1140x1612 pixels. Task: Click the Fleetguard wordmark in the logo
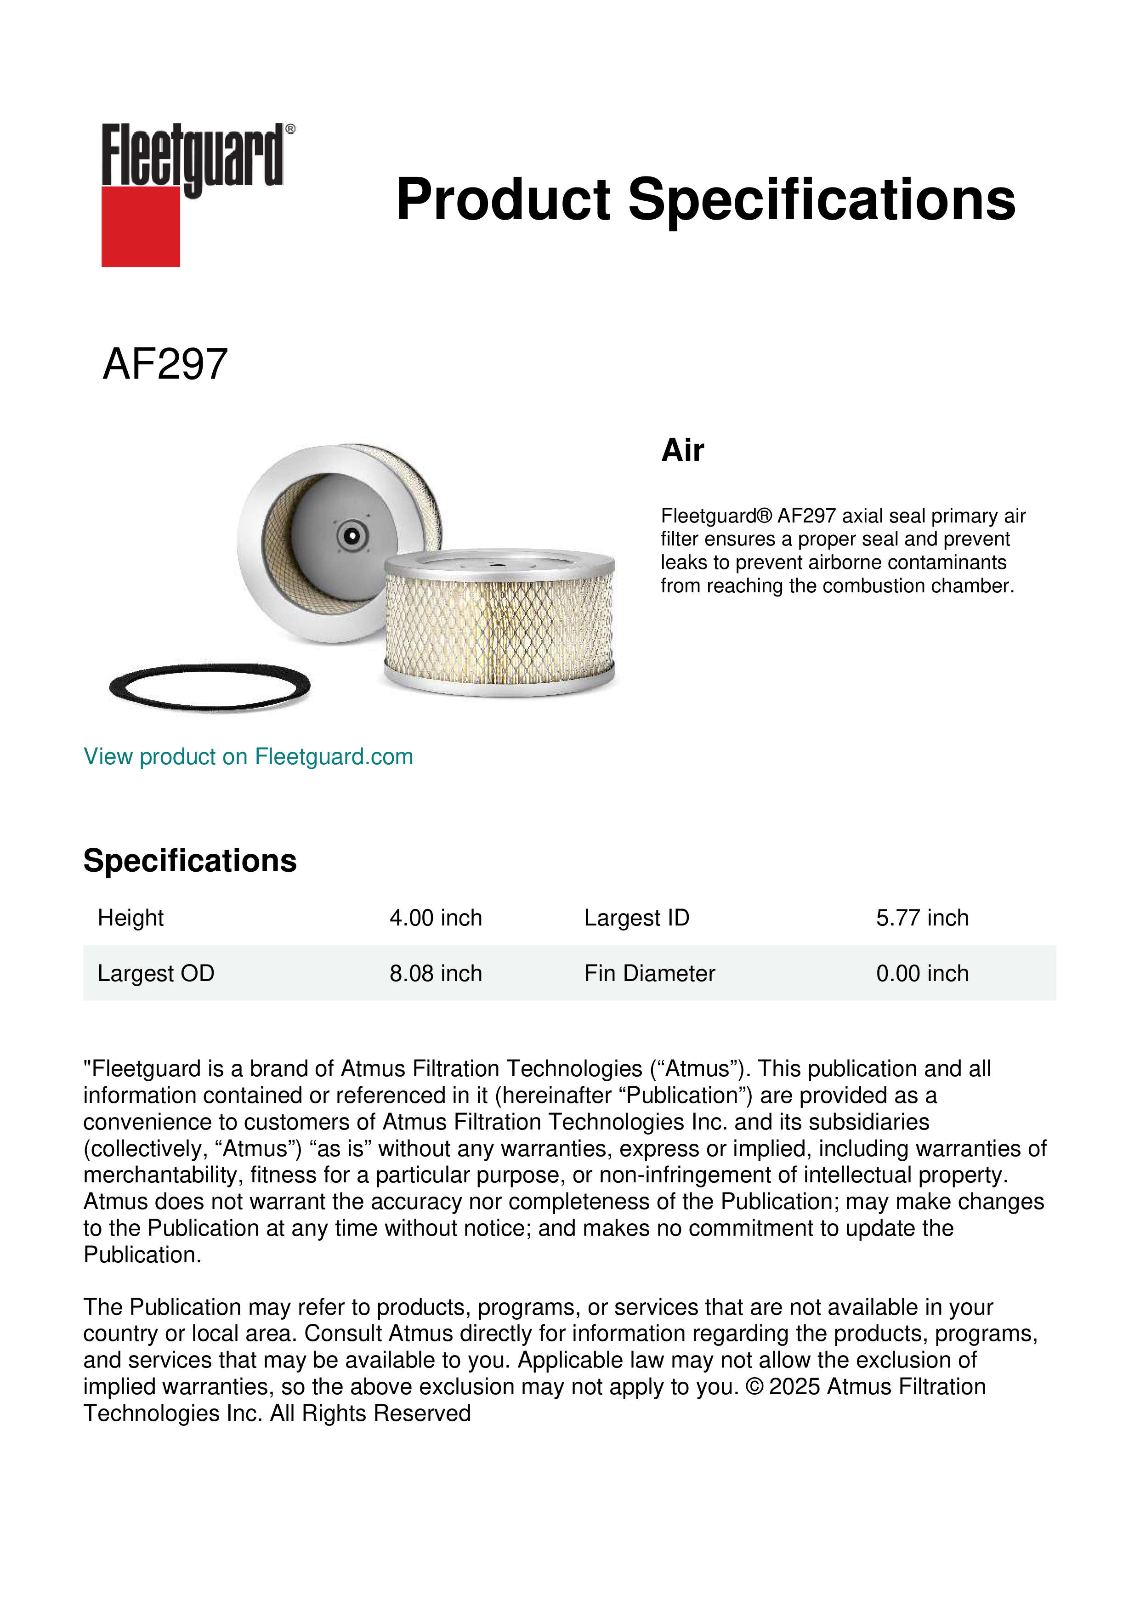(193, 156)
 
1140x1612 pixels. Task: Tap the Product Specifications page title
(705, 199)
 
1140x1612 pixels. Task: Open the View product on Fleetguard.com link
(248, 756)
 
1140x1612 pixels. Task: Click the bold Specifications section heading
(189, 861)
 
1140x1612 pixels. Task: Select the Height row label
(130, 918)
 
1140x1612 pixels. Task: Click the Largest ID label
(637, 918)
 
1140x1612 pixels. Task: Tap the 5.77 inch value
(922, 918)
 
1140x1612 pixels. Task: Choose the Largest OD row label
(156, 973)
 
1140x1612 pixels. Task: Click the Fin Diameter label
(649, 973)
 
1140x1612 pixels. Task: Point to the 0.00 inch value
(922, 973)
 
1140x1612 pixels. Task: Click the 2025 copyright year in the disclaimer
(794, 1387)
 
